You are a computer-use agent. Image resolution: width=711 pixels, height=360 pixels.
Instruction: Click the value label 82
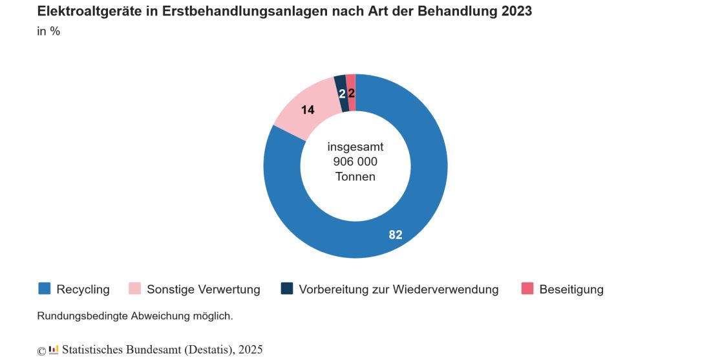(x=396, y=235)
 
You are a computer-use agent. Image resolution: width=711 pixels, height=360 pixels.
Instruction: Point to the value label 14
(x=308, y=110)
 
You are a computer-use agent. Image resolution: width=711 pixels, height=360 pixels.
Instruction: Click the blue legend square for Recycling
(x=44, y=289)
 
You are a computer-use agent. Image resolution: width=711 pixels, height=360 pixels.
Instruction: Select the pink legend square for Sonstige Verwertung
(x=134, y=289)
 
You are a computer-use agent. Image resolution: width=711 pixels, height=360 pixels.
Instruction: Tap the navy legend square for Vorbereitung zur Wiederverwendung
(x=287, y=289)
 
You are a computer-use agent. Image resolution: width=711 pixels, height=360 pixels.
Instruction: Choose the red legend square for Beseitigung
(x=527, y=289)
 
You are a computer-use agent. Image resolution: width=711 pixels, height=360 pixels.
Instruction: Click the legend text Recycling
(x=83, y=290)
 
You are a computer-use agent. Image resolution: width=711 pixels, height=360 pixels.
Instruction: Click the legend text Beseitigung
(x=571, y=290)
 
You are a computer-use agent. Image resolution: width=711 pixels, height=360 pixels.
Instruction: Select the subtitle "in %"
(x=48, y=31)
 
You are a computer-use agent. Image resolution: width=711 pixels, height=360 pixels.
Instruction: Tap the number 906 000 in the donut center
(x=355, y=162)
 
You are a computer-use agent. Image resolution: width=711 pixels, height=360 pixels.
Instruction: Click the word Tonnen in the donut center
(x=355, y=176)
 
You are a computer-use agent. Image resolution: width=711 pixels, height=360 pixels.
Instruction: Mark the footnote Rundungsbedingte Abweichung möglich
(x=135, y=317)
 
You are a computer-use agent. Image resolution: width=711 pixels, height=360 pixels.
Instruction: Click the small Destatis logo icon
(x=54, y=350)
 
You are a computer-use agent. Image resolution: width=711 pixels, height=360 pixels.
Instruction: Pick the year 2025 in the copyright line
(x=250, y=350)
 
